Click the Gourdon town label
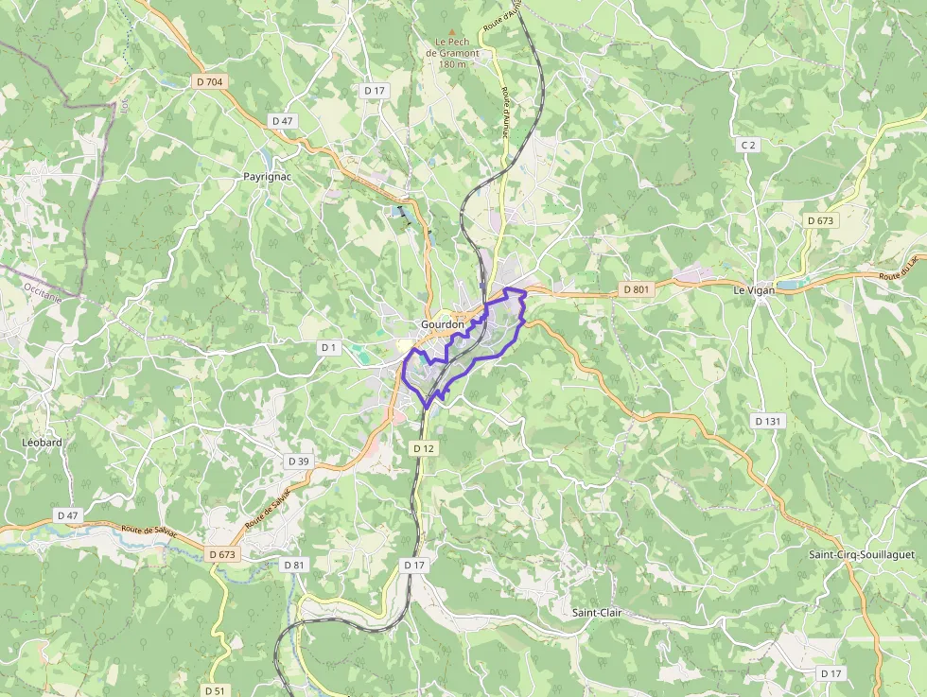[x=443, y=324]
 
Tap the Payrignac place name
[x=266, y=177]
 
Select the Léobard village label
[x=42, y=442]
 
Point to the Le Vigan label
[x=754, y=290]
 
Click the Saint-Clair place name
[x=596, y=612]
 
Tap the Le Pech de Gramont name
[x=453, y=47]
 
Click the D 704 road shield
[x=210, y=82]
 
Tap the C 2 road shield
[x=748, y=145]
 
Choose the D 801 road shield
[x=637, y=288]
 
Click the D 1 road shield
[x=328, y=348]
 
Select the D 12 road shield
[x=423, y=448]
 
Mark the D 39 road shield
[x=298, y=462]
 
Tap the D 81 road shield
[x=295, y=565]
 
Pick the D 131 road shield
[x=768, y=421]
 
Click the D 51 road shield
[x=216, y=690]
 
